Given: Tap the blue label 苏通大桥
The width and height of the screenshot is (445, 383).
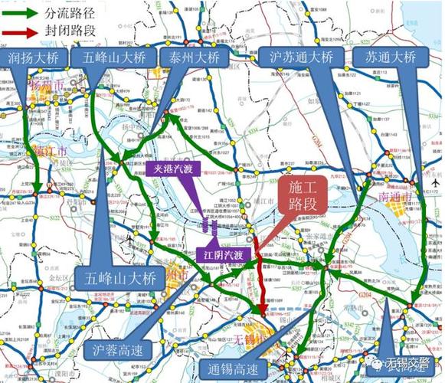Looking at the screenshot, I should (390, 57).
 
